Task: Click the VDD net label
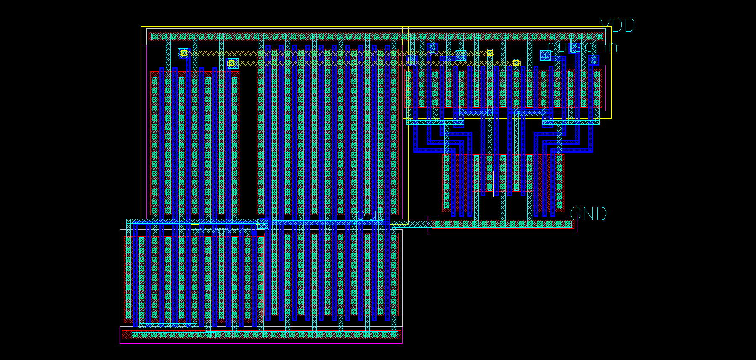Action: [x=617, y=26]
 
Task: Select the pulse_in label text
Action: [x=582, y=46]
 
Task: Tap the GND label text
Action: [x=588, y=214]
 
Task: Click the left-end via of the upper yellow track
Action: [x=184, y=53]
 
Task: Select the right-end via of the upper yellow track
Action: [x=490, y=53]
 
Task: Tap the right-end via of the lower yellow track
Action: [x=516, y=63]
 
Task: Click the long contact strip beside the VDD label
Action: [x=377, y=37]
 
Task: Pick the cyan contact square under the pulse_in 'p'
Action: [x=545, y=55]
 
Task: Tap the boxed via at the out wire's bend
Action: [x=263, y=224]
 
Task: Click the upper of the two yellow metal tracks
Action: [x=337, y=53]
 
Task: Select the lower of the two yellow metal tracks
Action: [x=374, y=63]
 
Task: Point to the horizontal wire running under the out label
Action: [x=328, y=222]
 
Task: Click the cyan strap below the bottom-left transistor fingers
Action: [x=168, y=325]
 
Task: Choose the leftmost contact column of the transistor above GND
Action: [x=447, y=182]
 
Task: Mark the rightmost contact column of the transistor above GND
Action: [x=560, y=182]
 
